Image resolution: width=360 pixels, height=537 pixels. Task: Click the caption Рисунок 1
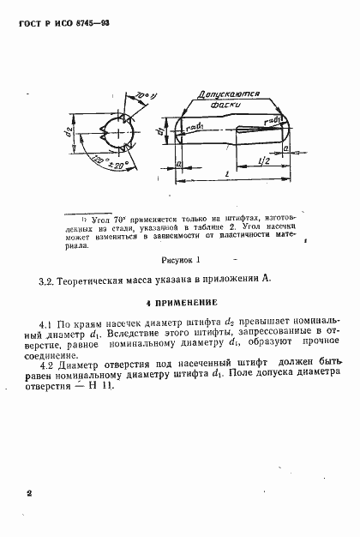pyautogui.click(x=179, y=257)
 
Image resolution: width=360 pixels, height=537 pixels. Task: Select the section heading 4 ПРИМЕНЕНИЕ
pyautogui.click(x=180, y=302)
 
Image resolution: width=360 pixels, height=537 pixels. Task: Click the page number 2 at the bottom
pyautogui.click(x=28, y=494)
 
